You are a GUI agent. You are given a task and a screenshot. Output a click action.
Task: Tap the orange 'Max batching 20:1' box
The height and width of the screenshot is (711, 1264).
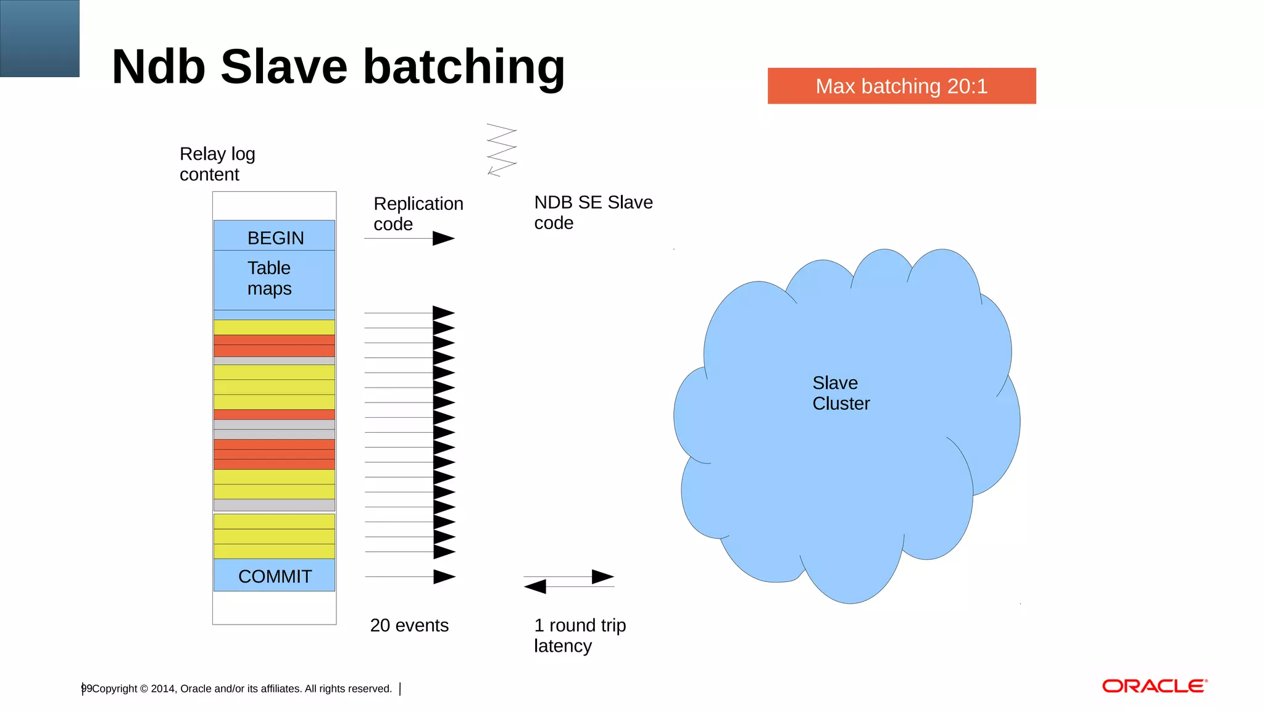901,86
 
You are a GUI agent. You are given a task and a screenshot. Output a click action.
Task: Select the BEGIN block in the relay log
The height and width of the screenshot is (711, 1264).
275,237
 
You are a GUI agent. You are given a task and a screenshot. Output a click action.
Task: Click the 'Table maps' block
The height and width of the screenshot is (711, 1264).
270,278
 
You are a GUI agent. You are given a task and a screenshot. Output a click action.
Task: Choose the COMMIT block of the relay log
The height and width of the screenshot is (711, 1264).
275,575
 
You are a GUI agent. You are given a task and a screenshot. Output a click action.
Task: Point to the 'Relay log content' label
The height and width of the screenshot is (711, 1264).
217,164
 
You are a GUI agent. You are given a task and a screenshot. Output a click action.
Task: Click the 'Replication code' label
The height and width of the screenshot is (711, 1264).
418,214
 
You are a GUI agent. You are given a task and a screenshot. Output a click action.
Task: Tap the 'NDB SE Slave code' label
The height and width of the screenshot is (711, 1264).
592,212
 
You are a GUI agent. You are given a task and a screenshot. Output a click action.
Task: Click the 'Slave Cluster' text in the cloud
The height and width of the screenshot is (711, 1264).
840,393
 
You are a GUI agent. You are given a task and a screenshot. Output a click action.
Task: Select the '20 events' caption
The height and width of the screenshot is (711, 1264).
409,625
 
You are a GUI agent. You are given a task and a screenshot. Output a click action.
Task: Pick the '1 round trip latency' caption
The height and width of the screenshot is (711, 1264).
579,635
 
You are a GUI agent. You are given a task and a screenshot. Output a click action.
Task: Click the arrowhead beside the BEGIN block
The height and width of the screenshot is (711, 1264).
443,238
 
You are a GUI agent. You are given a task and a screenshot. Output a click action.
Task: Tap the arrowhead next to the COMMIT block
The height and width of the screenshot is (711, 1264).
444,576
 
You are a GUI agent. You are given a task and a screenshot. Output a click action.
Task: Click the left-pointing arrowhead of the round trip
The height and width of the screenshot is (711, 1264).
535,586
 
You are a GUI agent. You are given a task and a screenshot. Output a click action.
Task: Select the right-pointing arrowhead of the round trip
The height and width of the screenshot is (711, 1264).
602,576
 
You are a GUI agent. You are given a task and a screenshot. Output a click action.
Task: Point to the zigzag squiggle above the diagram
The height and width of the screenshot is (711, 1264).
501,150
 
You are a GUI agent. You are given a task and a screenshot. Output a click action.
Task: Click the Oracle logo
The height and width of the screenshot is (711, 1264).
1154,686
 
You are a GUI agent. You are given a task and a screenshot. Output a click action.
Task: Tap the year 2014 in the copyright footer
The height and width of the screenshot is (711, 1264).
163,689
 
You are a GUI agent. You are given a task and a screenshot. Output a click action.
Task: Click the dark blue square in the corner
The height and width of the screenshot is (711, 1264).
39,38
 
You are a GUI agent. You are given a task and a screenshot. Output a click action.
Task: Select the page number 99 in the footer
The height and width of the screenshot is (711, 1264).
86,688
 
